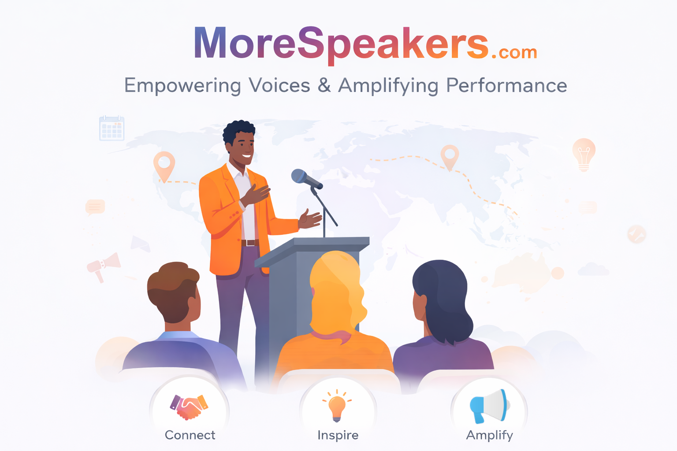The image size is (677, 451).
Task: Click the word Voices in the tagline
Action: [279, 85]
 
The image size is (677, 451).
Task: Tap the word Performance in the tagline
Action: [506, 85]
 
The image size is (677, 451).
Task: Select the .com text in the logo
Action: [514, 52]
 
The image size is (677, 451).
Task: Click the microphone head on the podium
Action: [300, 176]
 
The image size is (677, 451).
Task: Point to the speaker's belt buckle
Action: [250, 243]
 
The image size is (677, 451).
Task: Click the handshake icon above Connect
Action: [189, 407]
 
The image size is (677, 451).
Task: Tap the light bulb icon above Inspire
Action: [337, 405]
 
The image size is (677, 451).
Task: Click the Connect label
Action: [190, 435]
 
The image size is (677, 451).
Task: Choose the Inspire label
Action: [338, 435]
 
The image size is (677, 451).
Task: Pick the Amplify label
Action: [489, 435]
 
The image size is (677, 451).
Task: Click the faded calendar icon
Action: [112, 128]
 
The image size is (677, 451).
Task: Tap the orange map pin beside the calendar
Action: [164, 166]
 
